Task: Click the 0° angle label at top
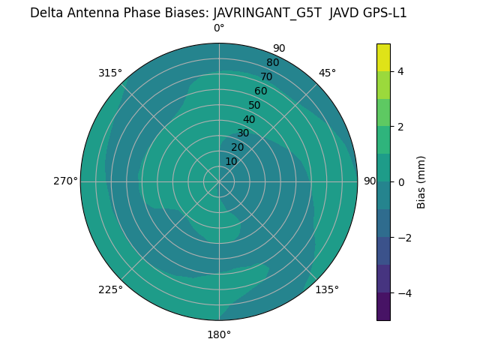(219, 28)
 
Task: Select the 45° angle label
(327, 73)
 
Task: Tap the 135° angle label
(327, 289)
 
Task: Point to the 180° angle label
(219, 334)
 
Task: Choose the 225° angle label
(110, 289)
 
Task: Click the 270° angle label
(65, 181)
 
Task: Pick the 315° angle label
(110, 73)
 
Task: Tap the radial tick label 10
(231, 161)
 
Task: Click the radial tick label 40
(249, 119)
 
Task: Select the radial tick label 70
(266, 76)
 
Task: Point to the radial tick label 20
(237, 147)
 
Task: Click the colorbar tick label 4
(400, 71)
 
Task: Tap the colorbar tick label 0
(400, 181)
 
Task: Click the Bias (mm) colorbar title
(421, 181)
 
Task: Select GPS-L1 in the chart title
(383, 13)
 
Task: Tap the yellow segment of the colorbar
(383, 58)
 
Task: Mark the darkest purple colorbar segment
(383, 306)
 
